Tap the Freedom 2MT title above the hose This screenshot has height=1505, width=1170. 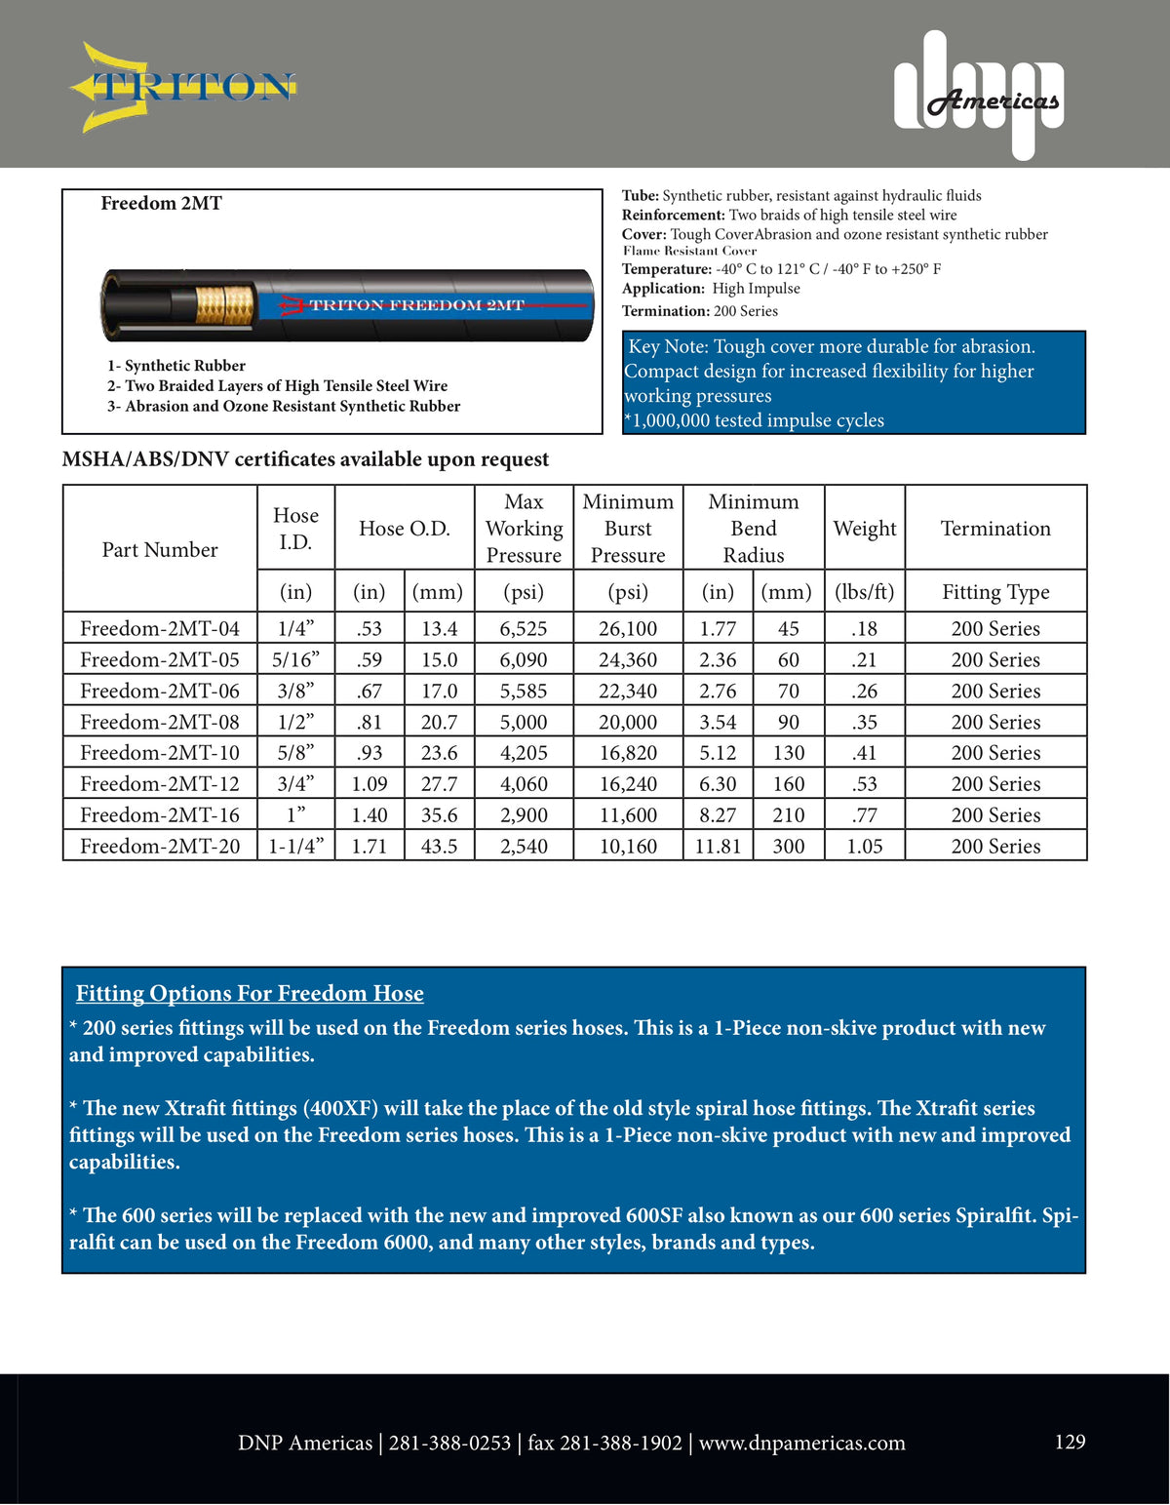(x=162, y=203)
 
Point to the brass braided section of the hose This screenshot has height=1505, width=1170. (x=224, y=305)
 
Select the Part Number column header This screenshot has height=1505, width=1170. (x=160, y=549)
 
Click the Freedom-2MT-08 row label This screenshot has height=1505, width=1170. (x=160, y=722)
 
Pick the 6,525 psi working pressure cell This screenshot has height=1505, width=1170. (x=524, y=629)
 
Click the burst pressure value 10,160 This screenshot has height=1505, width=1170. (x=628, y=846)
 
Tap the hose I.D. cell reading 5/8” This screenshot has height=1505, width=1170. (x=295, y=753)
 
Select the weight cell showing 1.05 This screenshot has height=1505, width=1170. (x=864, y=846)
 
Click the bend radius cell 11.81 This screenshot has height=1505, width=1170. (x=718, y=846)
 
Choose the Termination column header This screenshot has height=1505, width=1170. (x=995, y=529)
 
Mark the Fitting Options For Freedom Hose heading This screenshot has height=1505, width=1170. (x=250, y=993)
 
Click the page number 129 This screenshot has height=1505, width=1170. (x=1070, y=1442)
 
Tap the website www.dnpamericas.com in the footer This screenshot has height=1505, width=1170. (x=801, y=1443)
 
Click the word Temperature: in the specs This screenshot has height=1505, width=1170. (x=667, y=269)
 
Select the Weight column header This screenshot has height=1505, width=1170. (x=865, y=529)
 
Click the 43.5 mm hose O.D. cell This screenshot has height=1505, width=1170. (x=439, y=846)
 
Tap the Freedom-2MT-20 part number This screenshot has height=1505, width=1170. (x=160, y=846)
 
